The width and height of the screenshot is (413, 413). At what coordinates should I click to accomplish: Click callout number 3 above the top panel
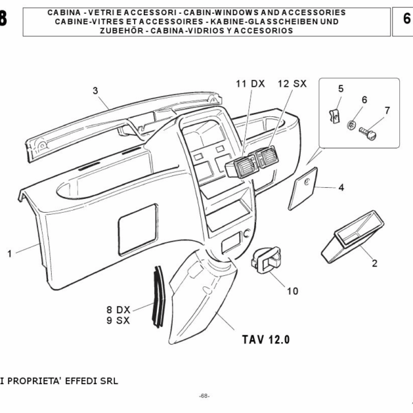coord(96,90)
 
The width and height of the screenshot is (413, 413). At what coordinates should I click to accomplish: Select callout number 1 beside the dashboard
coord(10,254)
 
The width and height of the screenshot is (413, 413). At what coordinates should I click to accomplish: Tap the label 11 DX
coord(250,83)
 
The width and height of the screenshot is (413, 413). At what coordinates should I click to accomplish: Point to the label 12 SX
coord(292,83)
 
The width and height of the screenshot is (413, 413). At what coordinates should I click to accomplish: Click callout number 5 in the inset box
coord(340,89)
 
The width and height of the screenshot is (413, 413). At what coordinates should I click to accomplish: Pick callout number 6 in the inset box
coord(364,100)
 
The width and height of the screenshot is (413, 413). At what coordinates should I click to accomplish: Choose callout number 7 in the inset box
coord(387,110)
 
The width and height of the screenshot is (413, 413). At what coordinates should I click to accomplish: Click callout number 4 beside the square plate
coord(341,187)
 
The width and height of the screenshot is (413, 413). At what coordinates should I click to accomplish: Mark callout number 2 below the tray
coord(375,263)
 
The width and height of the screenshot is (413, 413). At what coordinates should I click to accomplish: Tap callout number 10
coord(293,290)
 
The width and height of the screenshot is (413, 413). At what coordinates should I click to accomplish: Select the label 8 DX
coord(118,309)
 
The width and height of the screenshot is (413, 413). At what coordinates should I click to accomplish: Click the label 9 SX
coord(118,320)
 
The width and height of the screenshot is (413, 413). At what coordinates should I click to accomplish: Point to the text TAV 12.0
coord(266,339)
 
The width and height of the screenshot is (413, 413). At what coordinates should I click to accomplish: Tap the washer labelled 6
coord(352,125)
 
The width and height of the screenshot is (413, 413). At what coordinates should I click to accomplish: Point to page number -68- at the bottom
coord(204,396)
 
